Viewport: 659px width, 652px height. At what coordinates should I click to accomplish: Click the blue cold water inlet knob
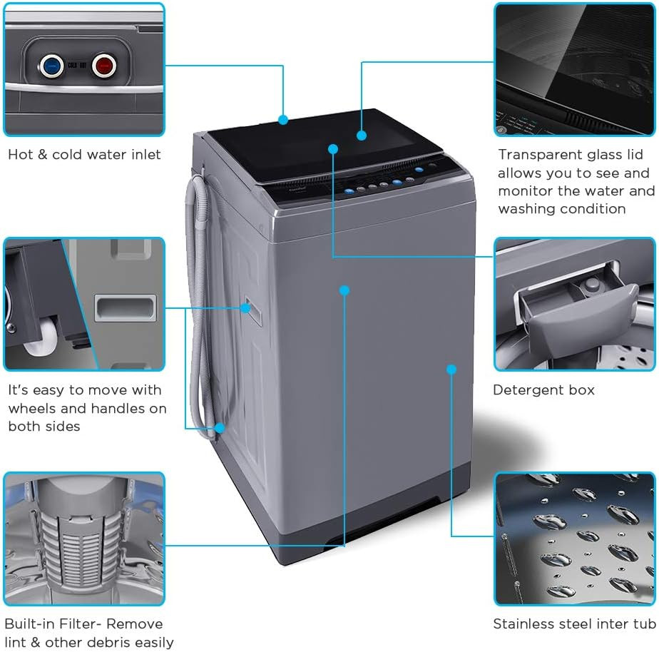pos(50,66)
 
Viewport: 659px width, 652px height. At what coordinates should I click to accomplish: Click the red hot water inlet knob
pos(103,66)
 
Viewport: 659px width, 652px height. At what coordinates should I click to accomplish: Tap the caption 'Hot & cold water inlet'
pos(84,154)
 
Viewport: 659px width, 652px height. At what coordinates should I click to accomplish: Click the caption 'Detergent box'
pos(543,390)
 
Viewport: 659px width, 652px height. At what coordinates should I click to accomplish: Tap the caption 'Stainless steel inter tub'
pos(573,624)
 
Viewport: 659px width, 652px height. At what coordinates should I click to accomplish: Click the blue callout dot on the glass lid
pos(362,135)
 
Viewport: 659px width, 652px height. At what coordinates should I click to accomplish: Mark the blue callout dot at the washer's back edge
pos(283,120)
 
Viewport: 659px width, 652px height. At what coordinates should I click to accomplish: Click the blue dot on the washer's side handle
pos(245,308)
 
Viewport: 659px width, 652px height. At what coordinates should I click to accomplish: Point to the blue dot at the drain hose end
pos(220,428)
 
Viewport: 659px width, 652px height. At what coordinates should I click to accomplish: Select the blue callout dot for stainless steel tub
pos(451,369)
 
